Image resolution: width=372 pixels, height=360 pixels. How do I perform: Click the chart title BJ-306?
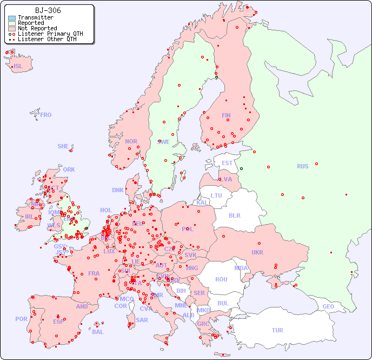click(x=48, y=10)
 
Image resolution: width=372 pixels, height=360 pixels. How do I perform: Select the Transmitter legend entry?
click(x=35, y=18)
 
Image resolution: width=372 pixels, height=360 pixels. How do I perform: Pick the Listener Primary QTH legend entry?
click(x=50, y=34)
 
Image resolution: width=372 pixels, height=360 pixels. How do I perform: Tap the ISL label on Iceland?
click(x=18, y=67)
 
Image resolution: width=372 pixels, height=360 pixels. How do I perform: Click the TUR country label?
click(x=277, y=330)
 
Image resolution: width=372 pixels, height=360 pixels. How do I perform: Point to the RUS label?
click(x=302, y=166)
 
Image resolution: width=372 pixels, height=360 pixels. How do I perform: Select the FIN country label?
click(x=226, y=115)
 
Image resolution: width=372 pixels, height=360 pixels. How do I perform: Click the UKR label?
click(x=257, y=252)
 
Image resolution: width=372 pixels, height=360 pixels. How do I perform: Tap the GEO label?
click(x=328, y=306)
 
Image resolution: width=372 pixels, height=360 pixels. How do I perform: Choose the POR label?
click(x=21, y=319)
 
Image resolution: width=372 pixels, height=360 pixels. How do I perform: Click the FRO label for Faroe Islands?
click(x=46, y=115)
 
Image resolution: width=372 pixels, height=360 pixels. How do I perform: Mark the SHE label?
click(x=63, y=146)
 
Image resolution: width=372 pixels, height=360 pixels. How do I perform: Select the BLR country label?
click(x=234, y=215)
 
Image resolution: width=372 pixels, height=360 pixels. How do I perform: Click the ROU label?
click(x=221, y=279)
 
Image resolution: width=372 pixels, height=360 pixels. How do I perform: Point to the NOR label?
click(x=131, y=141)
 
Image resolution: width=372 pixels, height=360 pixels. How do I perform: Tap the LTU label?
click(x=216, y=195)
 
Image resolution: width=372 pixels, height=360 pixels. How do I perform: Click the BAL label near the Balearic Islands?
click(x=97, y=332)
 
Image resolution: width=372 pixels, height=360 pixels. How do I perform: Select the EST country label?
click(x=227, y=163)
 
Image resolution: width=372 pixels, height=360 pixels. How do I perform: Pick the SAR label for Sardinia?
click(x=142, y=319)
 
